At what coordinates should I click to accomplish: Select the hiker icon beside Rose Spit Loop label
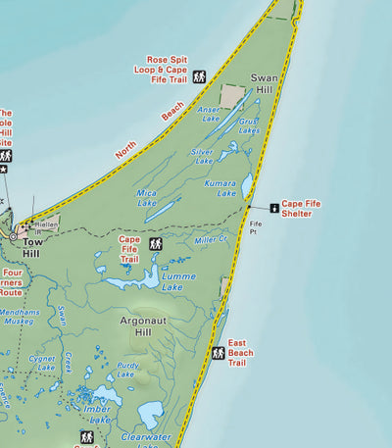pyautogui.click(x=200, y=75)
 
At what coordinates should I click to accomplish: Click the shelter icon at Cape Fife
pyautogui.click(x=273, y=207)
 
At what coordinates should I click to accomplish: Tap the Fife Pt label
pyautogui.click(x=255, y=227)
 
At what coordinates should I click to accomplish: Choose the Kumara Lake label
pyautogui.click(x=220, y=188)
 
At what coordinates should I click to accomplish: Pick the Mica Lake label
pyautogui.click(x=147, y=197)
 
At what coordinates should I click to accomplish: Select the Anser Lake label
pyautogui.click(x=210, y=114)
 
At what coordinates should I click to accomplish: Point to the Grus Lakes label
pyautogui.click(x=248, y=125)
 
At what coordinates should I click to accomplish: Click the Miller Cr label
pyautogui.click(x=211, y=239)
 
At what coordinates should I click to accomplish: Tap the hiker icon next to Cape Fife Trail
pyautogui.click(x=155, y=243)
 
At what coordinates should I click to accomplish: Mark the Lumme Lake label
pyautogui.click(x=178, y=282)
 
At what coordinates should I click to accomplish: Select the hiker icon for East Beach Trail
pyautogui.click(x=219, y=353)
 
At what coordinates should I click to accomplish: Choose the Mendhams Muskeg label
pyautogui.click(x=20, y=316)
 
